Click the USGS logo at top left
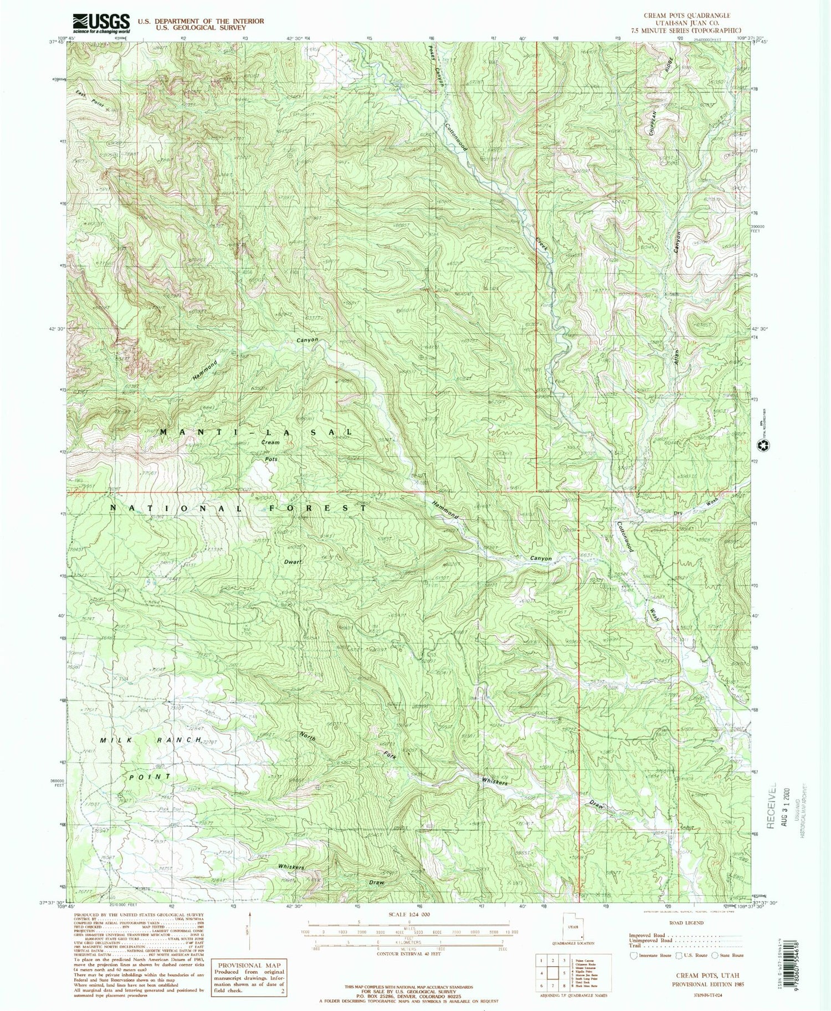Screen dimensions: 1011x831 tap(101, 22)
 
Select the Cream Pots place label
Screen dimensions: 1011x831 tap(270, 450)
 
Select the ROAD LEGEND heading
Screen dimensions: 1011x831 tap(687, 923)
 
